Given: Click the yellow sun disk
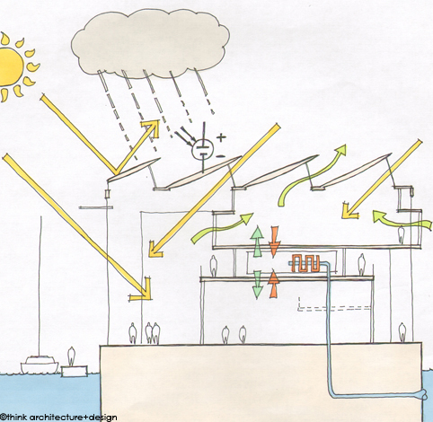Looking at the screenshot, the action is coord(11,66).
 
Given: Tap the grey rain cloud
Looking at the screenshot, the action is coord(150,42).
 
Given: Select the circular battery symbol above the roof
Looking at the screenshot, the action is coord(202,149).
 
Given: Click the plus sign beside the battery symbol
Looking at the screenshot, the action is coord(221,137).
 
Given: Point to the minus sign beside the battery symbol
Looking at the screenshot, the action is coord(221,156).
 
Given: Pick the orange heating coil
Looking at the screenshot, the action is coord(305,263).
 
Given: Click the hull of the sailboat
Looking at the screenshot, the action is coord(40,365).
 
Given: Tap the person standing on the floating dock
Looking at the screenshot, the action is coord(71,356).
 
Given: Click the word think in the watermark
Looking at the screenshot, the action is coord(17,417).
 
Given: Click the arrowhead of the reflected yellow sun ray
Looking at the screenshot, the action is coord(151,127).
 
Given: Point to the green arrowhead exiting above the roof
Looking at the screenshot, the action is coord(340,150).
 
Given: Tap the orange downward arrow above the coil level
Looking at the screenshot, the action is coord(275,242).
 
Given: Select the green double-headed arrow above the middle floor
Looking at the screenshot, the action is coord(257,242).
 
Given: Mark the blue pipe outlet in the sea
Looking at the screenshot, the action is coord(424,395).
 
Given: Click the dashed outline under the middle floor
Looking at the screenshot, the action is coord(335,307).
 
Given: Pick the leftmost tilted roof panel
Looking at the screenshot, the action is coord(134,170).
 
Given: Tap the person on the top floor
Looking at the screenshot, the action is coord(402,234).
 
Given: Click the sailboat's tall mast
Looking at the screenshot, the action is coord(40,286).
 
